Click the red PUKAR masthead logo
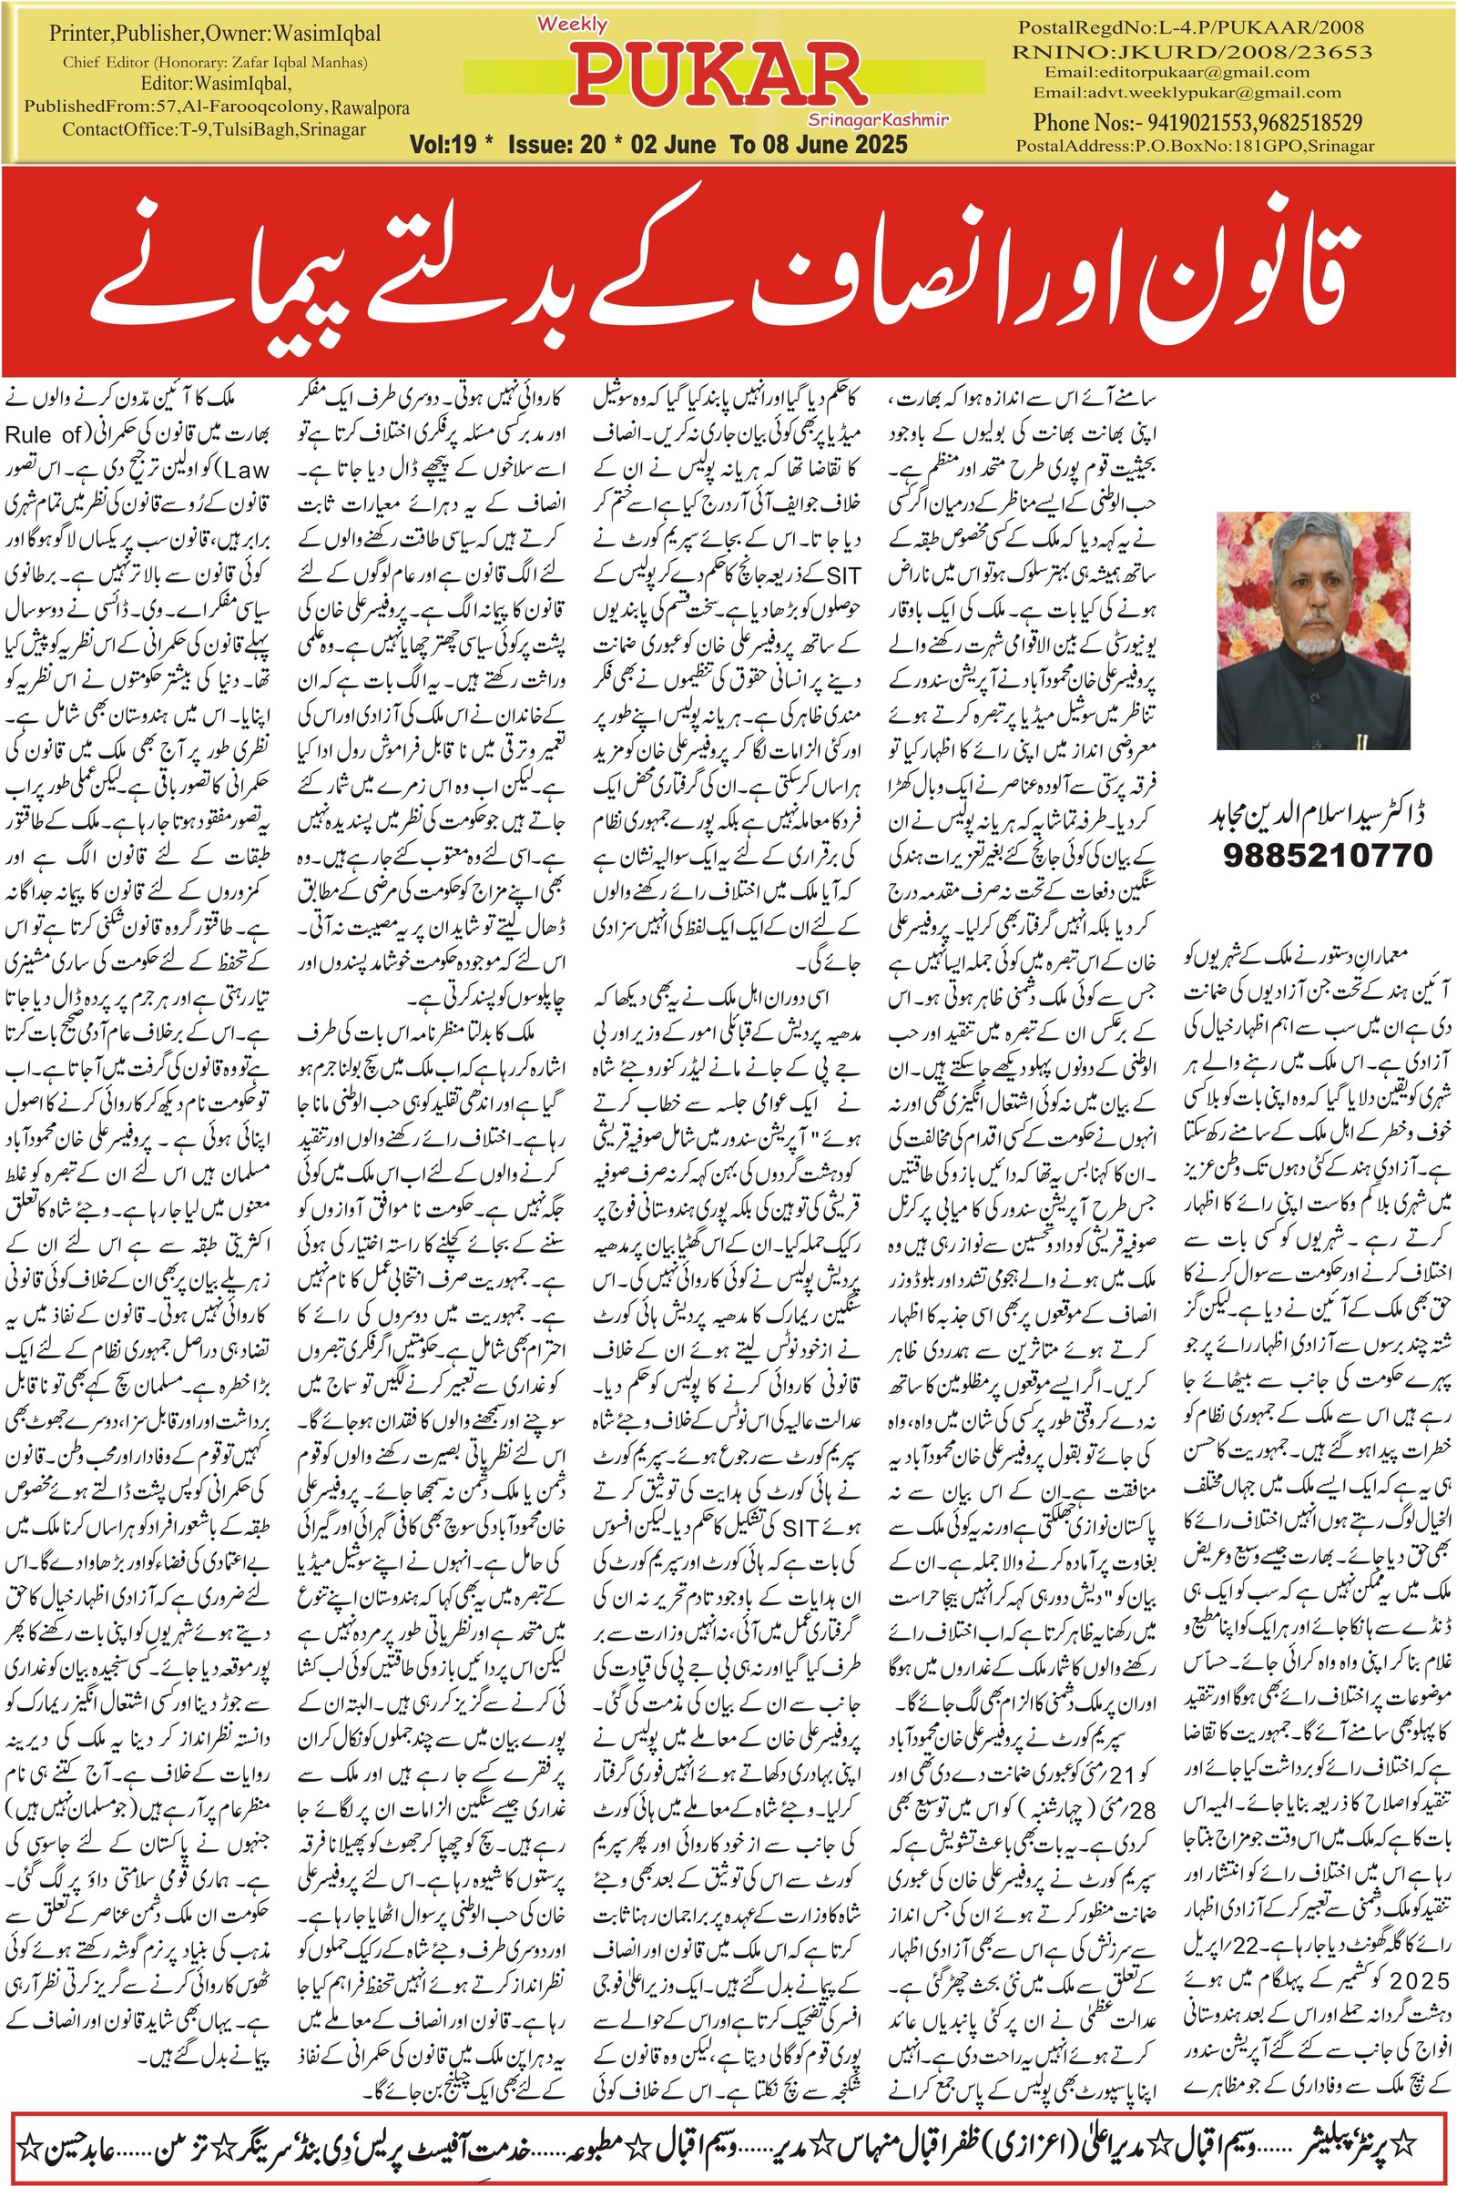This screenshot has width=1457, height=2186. [x=717, y=77]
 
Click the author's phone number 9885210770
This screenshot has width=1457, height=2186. [x=1327, y=855]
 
